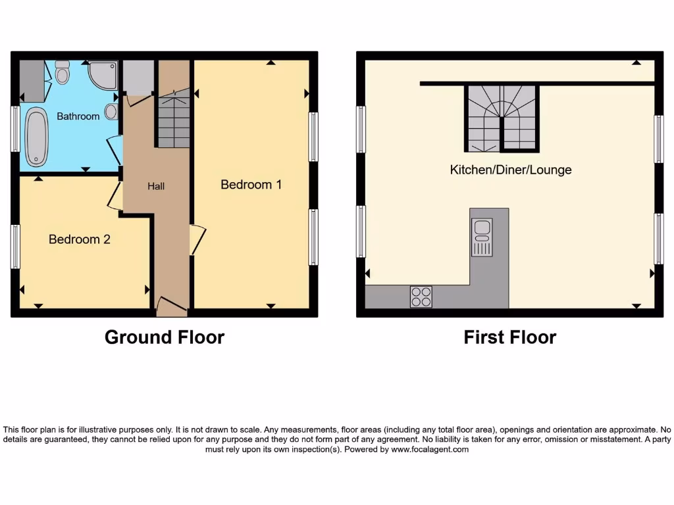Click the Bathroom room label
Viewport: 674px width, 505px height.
click(78, 116)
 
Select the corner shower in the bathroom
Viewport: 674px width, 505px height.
click(103, 74)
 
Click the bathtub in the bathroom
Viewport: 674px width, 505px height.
click(36, 137)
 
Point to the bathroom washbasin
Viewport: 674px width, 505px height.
click(111, 111)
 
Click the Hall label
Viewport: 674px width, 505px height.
click(156, 186)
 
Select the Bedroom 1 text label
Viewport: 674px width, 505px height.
click(251, 185)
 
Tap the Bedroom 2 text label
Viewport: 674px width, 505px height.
click(79, 239)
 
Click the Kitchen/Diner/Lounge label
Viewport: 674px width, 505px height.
click(510, 170)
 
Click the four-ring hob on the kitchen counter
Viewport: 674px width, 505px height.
click(421, 297)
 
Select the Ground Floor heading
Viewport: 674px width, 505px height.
click(165, 337)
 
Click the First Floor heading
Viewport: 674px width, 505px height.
click(509, 337)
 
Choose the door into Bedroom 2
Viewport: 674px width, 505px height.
click(115, 196)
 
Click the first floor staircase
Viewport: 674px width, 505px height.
click(502, 119)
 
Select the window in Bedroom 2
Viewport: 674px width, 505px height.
click(15, 247)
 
